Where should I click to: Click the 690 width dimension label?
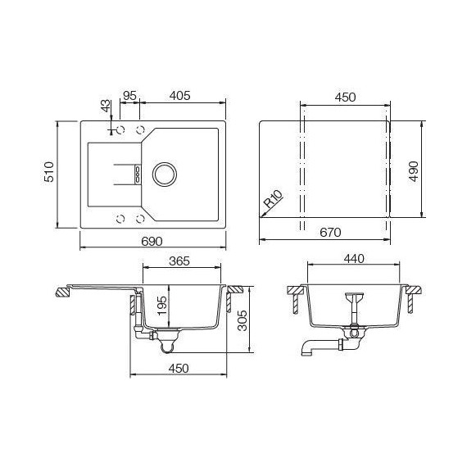tap(152, 240)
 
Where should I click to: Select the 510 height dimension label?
tap(49, 174)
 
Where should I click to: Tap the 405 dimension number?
tap(179, 96)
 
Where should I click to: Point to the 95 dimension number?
tap(129, 96)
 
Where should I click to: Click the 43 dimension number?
tap(104, 107)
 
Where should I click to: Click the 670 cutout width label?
tap(330, 233)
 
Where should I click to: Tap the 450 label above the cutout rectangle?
tap(345, 97)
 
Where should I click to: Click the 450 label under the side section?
tap(178, 368)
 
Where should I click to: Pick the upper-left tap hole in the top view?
tap(120, 130)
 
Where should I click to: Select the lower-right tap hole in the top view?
tap(140, 218)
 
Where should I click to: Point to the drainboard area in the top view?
tap(107, 174)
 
